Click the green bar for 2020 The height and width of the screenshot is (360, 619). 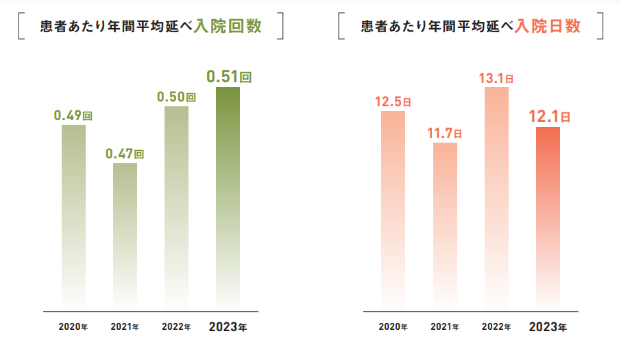(73, 216)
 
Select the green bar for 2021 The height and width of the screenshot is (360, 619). (125, 237)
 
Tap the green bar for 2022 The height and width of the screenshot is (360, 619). (176, 206)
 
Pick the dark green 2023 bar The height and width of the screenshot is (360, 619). (228, 199)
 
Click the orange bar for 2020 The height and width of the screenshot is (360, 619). (393, 209)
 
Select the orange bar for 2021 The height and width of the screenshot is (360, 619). (445, 226)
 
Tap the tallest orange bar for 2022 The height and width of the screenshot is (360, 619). (496, 199)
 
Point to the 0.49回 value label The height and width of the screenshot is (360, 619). (73, 115)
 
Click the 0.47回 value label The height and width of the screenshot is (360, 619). (125, 154)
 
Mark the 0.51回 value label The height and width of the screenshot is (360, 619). (230, 76)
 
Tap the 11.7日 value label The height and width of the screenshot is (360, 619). (445, 133)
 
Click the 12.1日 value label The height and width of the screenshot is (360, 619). (549, 116)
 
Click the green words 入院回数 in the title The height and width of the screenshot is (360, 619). (237, 27)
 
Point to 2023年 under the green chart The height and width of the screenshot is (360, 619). (228, 326)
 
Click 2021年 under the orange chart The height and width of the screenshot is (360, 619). (445, 326)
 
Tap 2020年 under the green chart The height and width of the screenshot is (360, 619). (73, 326)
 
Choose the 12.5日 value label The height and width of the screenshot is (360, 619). (393, 101)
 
